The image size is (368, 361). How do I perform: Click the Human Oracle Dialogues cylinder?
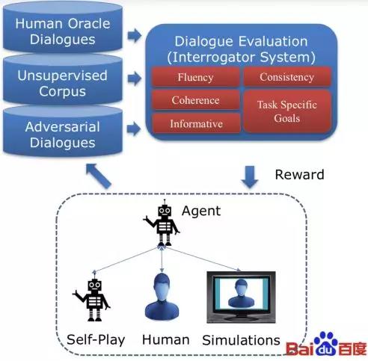(x=63, y=28)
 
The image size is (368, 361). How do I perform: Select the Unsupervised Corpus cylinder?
(x=63, y=80)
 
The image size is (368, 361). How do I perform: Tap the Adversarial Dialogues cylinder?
(x=63, y=132)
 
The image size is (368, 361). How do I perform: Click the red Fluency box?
(x=196, y=77)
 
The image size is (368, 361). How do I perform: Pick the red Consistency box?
(x=287, y=77)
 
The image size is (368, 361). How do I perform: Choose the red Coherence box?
(x=196, y=100)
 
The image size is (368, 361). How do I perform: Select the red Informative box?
(x=196, y=123)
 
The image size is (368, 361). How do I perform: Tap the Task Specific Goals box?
(x=287, y=111)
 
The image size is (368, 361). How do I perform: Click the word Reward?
(x=299, y=174)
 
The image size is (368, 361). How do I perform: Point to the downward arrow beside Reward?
(x=250, y=177)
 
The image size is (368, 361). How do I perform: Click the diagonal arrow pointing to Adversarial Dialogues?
(x=98, y=176)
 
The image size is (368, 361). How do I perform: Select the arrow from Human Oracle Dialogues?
(x=135, y=35)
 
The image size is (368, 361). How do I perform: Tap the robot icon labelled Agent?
(x=162, y=223)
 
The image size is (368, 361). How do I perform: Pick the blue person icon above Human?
(x=162, y=297)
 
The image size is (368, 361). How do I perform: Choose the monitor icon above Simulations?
(x=241, y=297)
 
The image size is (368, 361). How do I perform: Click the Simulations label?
(x=241, y=340)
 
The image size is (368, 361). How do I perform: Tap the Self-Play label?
(x=96, y=340)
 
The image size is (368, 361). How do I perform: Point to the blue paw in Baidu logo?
(x=326, y=343)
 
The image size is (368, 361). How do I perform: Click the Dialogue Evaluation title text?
(x=241, y=49)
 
